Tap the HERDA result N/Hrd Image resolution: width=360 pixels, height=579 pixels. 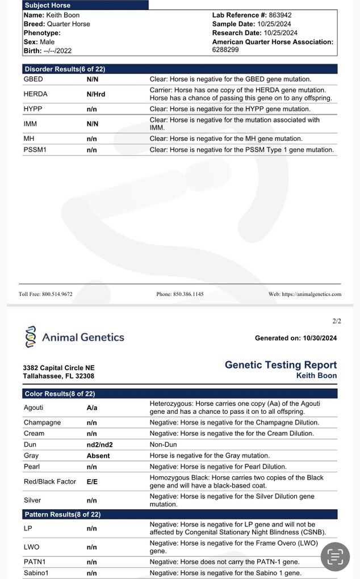(96, 94)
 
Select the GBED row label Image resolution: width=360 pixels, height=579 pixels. (33, 79)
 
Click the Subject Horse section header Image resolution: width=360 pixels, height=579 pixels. (48, 5)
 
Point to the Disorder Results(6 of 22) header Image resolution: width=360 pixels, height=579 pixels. (65, 69)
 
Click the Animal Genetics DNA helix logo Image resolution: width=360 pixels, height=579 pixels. (31, 337)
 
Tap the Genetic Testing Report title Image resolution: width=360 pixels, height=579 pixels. (281, 365)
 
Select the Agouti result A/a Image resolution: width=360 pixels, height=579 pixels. (92, 408)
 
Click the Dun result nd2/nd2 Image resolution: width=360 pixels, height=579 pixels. (98, 444)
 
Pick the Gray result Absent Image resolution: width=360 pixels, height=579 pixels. (98, 456)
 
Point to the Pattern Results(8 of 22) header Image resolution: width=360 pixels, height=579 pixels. (62, 515)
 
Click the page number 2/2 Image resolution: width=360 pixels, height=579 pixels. (337, 321)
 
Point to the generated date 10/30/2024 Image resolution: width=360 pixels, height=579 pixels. (320, 338)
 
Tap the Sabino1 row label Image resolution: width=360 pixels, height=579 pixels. (36, 573)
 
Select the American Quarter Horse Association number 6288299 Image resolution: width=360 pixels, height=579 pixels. (225, 50)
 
